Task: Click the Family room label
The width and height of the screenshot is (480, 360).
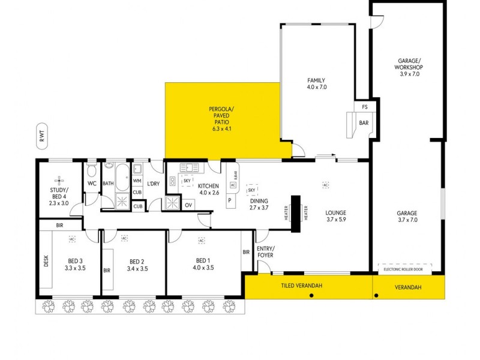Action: [316, 83]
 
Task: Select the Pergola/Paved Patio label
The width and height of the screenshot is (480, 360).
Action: [221, 119]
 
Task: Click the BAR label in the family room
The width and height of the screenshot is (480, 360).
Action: [364, 122]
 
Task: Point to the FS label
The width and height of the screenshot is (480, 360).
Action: [364, 107]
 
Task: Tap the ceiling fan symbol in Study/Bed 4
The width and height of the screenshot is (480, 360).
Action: [59, 179]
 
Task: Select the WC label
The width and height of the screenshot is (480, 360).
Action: [92, 183]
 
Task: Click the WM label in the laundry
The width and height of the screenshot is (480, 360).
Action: [137, 180]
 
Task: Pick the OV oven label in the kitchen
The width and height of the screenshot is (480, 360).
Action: [188, 205]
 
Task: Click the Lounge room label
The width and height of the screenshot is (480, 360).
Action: [336, 215]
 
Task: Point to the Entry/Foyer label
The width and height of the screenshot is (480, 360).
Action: [265, 252]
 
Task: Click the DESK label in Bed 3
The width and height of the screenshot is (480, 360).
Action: [46, 262]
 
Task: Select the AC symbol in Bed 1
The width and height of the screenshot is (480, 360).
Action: [202, 240]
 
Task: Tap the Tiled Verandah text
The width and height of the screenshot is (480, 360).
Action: [302, 286]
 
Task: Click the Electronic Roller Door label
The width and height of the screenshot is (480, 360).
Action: [409, 269]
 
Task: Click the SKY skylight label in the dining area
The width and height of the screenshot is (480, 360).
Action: [251, 190]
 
